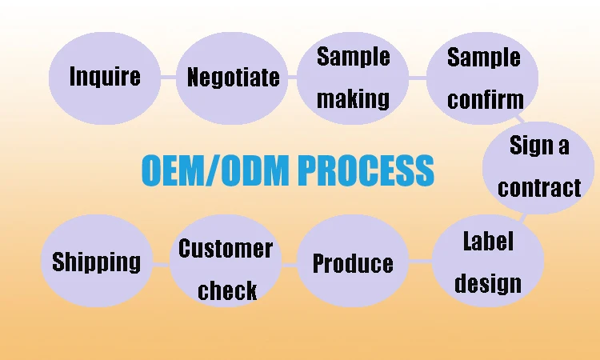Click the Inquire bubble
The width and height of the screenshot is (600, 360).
pyautogui.click(x=104, y=77)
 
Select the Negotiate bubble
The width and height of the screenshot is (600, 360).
pyautogui.click(x=233, y=78)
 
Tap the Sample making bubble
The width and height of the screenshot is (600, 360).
pyautogui.click(x=353, y=78)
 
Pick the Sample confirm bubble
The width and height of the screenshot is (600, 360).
pyautogui.click(x=484, y=78)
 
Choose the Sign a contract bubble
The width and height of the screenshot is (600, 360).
pyautogui.click(x=538, y=166)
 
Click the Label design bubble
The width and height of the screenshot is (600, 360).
pyautogui.click(x=488, y=262)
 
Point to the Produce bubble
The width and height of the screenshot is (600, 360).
pyautogui.click(x=353, y=262)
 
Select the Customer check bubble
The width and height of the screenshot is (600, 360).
pyautogui.click(x=226, y=269)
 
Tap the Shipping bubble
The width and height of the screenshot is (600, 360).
pyautogui.click(x=96, y=262)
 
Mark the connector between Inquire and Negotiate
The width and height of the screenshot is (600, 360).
pyautogui.click(x=167, y=78)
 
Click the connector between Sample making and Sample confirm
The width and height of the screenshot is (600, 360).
pyautogui.click(x=418, y=78)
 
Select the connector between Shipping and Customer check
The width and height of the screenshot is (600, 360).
pyautogui.click(x=160, y=263)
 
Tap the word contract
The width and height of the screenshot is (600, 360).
pyautogui.click(x=539, y=188)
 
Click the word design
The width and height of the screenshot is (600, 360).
pyautogui.click(x=488, y=283)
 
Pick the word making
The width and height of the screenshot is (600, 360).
pyautogui.click(x=353, y=98)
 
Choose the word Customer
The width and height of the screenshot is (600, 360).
pyautogui.click(x=226, y=249)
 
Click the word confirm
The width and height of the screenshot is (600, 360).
pyautogui.click(x=485, y=99)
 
